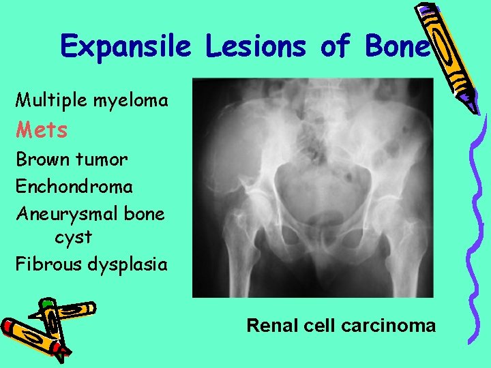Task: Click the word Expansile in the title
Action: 127,47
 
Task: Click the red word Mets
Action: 42,129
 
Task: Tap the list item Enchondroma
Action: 74,185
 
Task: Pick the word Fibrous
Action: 48,264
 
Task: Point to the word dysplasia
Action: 128,264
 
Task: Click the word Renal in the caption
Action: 269,325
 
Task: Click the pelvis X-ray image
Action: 312,187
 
